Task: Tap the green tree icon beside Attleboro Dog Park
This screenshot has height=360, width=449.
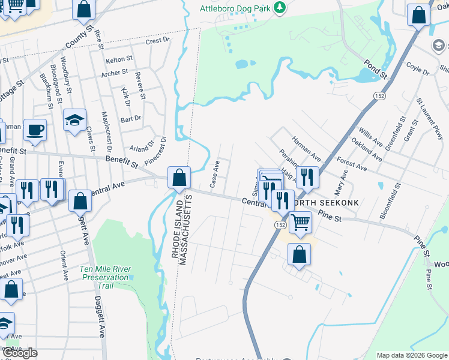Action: click(279, 8)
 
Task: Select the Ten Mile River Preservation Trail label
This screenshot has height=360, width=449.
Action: click(104, 273)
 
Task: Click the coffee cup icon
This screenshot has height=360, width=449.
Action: click(35, 128)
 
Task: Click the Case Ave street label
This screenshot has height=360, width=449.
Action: click(214, 173)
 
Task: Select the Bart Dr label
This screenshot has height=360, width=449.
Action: click(130, 118)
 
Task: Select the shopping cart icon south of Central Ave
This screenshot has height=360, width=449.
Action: click(300, 221)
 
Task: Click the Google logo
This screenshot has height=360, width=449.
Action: click(20, 353)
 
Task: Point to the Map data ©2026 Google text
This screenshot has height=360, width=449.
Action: click(412, 355)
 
